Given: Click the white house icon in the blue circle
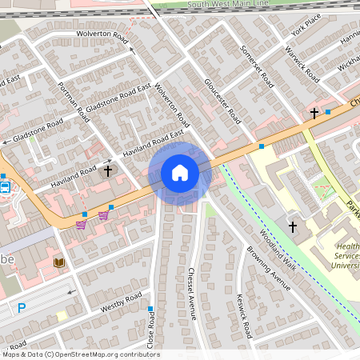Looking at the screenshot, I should tap(180, 173).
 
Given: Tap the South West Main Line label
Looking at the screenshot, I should tap(227, 5).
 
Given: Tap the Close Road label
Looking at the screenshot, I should tap(150, 330).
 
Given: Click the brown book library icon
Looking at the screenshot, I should tap(58, 262).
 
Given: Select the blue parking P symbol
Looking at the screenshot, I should tap(22, 308).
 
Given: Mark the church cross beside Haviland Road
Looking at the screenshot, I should tap(108, 170).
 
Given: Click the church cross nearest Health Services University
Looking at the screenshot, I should tap(292, 227).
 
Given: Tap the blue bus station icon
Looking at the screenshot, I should tap(5, 188).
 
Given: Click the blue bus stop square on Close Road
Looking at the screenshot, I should tap(150, 308).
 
